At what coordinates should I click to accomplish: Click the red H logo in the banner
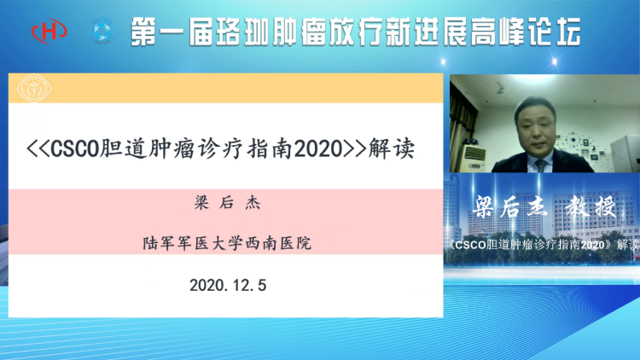point(49,31)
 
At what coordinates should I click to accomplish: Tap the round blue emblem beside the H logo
point(102,31)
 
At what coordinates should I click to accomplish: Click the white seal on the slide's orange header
point(34,88)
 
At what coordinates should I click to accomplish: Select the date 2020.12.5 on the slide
point(228,285)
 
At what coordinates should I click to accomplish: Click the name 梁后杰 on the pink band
point(227,202)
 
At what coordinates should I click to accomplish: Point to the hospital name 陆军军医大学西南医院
point(227,243)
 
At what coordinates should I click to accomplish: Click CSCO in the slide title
point(75,148)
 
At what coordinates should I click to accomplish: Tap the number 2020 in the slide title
point(318,148)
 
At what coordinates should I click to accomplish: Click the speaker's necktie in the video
point(540,165)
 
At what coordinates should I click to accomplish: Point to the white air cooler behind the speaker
point(473,158)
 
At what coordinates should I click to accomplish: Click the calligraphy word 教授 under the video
point(591,206)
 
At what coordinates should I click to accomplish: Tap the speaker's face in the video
point(535,129)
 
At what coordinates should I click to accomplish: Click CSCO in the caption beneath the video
point(470,245)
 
